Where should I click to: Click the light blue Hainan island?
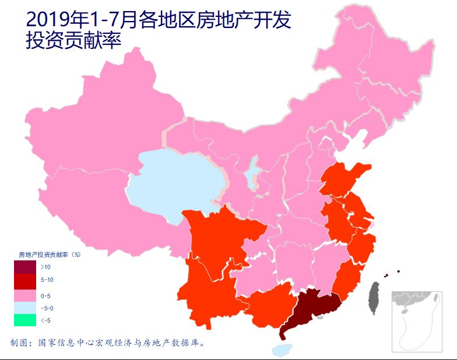point(283,349)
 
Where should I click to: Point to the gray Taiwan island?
point(374,297)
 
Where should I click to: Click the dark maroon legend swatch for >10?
point(26,267)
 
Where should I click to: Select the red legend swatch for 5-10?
point(26,280)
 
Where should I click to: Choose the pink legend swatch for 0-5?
point(26,295)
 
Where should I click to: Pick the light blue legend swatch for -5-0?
point(26,308)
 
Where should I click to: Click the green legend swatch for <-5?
point(26,320)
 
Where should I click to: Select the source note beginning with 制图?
point(108,343)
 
